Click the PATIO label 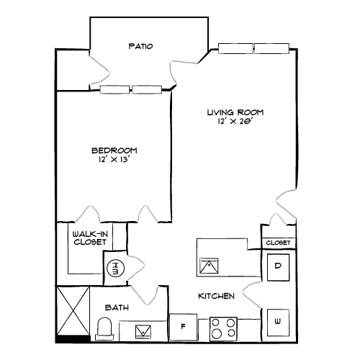pos(140,47)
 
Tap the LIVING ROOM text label pos(235,112)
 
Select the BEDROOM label pos(114,150)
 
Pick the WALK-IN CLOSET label pos(90,238)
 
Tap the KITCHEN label pos(217,296)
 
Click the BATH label pos(117,307)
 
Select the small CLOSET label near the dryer pos(278,243)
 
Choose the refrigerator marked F pos(184,327)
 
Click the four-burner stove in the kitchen pos(224,329)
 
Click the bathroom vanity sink pos(143,331)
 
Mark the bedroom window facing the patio pos(132,90)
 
